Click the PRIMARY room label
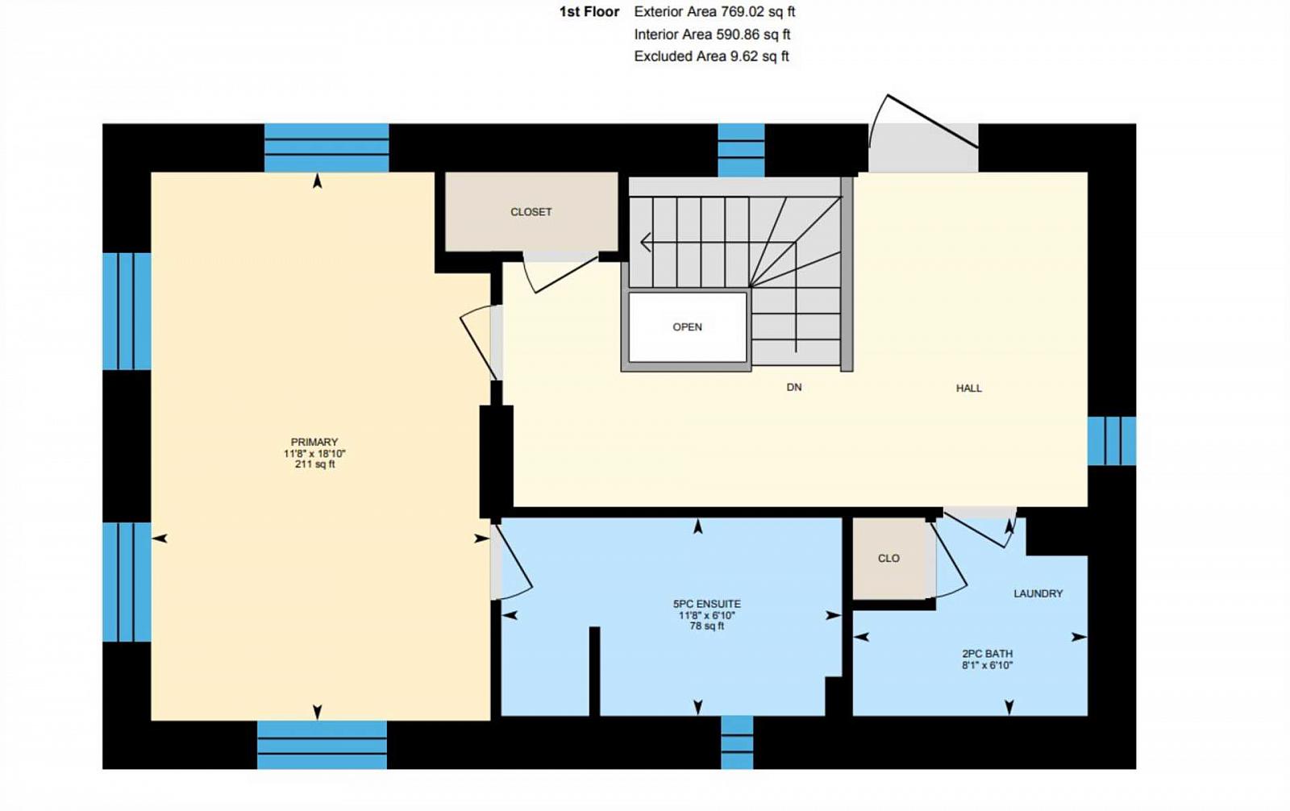click(314, 442)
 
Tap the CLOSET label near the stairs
click(531, 212)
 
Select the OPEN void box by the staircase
click(687, 326)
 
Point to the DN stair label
click(794, 387)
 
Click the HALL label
click(968, 389)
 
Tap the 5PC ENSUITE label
click(706, 604)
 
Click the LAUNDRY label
click(1038, 593)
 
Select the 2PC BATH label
click(987, 654)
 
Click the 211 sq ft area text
click(314, 464)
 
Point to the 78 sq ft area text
click(706, 626)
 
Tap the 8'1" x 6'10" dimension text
click(987, 665)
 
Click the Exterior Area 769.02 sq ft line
click(714, 11)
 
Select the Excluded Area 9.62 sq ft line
click(711, 56)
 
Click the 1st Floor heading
click(589, 11)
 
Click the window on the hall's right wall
click(1112, 441)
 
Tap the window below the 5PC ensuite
click(737, 742)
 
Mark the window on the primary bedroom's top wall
click(327, 148)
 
